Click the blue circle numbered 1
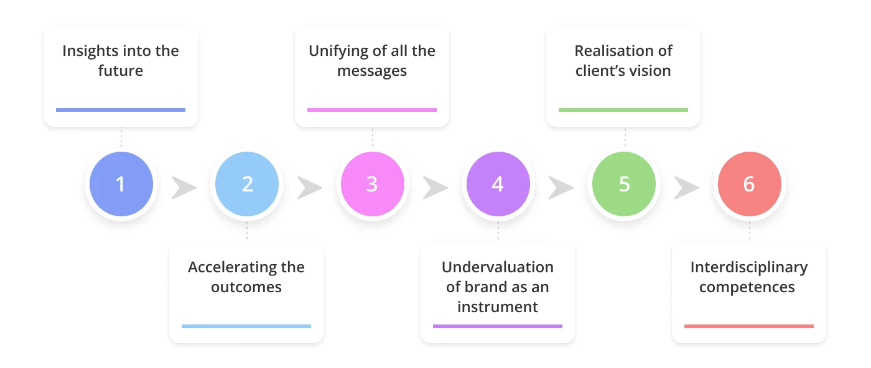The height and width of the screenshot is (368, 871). (x=121, y=184)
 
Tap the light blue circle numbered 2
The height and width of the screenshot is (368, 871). (x=247, y=184)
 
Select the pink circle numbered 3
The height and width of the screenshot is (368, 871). (x=371, y=184)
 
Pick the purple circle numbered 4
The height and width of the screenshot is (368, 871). (x=498, y=184)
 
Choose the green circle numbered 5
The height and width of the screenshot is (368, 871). (x=624, y=184)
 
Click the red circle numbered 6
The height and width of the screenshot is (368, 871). (x=749, y=184)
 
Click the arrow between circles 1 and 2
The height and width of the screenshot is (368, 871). (x=184, y=187)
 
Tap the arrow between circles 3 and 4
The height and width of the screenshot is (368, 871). (x=435, y=187)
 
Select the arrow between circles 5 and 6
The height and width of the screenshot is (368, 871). (x=686, y=187)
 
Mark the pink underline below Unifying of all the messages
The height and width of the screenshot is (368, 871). (x=371, y=110)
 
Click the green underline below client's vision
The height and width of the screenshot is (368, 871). (x=623, y=110)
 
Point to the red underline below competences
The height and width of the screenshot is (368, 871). (x=748, y=326)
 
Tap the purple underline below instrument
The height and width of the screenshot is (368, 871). (x=497, y=326)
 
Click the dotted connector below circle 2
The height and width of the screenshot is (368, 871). (x=247, y=231)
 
